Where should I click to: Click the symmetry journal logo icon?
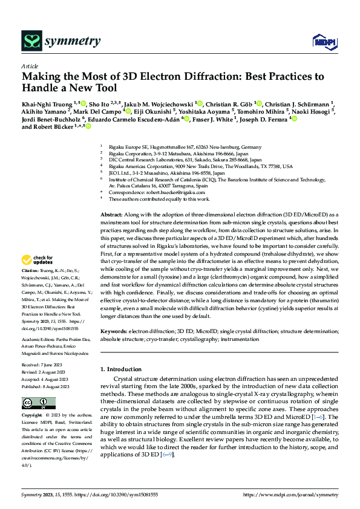pos(31,41)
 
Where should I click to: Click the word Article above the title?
pos(30,66)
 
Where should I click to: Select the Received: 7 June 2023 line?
pos(43,365)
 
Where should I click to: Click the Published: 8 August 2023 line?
pos(45,386)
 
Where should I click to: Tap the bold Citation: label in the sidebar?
pos(30,287)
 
